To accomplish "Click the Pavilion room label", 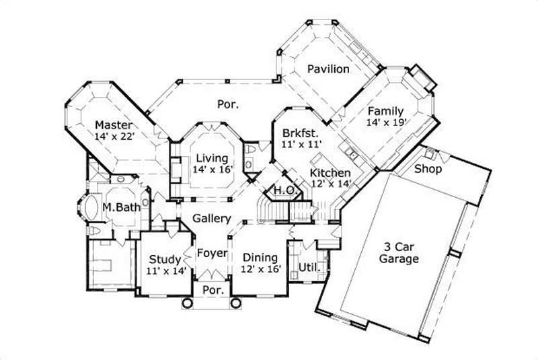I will click(328, 69).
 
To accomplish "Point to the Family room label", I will click(385, 111).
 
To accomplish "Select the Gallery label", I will click(212, 219).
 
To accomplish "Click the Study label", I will click(165, 259).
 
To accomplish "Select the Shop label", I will click(428, 169).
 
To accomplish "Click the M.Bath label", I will click(122, 207).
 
